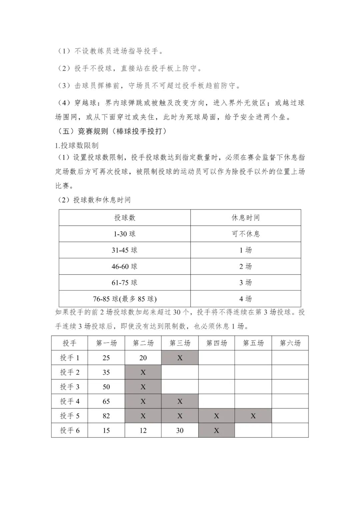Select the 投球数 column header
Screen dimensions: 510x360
point(125,218)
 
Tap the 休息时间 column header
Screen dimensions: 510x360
point(246,218)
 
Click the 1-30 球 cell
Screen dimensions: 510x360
point(125,234)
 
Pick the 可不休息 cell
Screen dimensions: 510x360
point(246,234)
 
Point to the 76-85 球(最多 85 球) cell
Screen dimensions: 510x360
point(125,299)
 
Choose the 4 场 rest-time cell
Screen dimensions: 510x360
point(246,299)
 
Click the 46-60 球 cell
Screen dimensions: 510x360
point(125,266)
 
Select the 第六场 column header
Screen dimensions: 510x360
point(290,343)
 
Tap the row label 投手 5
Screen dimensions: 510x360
point(70,416)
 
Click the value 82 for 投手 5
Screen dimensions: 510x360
point(106,416)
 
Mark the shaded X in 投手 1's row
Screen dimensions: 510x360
point(180,358)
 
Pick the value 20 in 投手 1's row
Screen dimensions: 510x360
point(143,358)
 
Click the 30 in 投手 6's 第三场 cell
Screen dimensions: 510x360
point(180,431)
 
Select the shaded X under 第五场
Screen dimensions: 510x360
point(253,416)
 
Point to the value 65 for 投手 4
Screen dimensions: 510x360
point(106,401)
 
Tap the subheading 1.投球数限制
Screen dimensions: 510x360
point(77,145)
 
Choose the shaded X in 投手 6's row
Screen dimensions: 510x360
point(216,431)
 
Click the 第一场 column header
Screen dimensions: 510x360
point(106,343)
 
